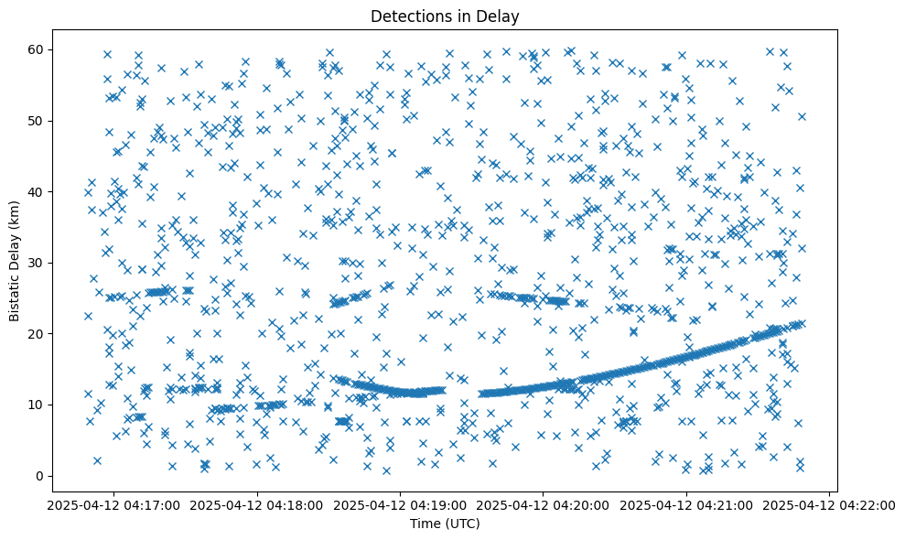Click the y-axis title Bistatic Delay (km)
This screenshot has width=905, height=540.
[15, 261]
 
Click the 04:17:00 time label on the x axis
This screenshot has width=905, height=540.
[114, 503]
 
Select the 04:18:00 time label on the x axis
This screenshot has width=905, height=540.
[257, 503]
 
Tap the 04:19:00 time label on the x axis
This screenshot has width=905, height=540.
[400, 503]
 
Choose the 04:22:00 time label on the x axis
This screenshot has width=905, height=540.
[824, 503]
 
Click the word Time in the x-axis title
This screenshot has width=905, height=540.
[426, 524]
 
